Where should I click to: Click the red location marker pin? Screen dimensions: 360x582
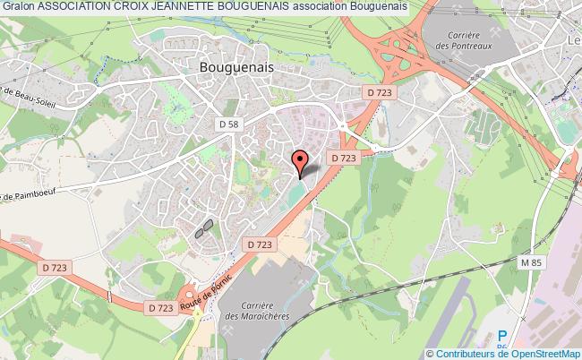(x=300, y=162)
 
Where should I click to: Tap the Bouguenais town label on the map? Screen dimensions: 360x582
(x=236, y=66)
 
